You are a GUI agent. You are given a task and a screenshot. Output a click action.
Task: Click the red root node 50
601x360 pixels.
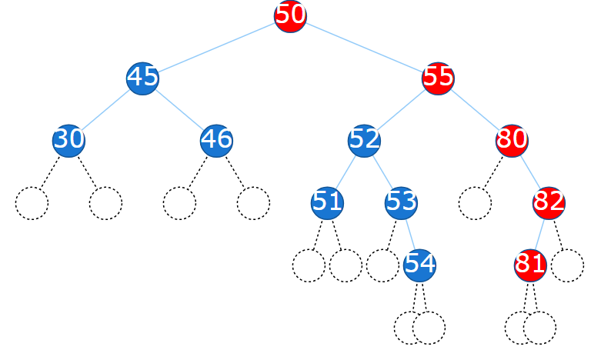[x=290, y=16]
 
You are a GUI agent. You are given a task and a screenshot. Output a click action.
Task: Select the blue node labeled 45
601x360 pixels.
[x=142, y=78]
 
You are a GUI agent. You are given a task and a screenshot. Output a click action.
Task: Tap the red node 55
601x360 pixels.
[x=438, y=78]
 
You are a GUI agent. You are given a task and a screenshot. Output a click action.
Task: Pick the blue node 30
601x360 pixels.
[x=68, y=141]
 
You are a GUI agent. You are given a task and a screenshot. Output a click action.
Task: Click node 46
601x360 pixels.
[x=216, y=141]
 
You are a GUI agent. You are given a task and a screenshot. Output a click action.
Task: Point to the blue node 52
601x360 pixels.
[x=364, y=141]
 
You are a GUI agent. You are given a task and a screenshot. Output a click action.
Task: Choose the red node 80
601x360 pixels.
[x=512, y=141]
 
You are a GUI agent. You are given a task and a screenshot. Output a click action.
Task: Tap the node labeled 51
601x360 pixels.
[x=327, y=203]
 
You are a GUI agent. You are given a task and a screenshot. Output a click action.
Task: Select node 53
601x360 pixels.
[x=401, y=203]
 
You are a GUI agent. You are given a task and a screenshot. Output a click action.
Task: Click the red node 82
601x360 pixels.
[x=549, y=203]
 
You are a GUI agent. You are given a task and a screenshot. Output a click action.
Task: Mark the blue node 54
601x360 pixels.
[x=419, y=265]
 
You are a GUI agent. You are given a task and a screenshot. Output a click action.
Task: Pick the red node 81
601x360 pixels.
[x=530, y=265]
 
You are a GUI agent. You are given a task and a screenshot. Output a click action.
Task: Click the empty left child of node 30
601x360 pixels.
[x=32, y=203]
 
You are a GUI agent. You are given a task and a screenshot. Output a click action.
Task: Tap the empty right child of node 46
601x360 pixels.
[x=253, y=203]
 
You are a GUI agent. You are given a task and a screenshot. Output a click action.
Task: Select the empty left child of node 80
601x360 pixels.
[x=475, y=203]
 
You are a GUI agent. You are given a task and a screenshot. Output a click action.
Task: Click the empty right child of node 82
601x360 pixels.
[x=567, y=265]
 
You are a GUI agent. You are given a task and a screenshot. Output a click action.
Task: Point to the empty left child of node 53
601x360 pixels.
[x=382, y=265]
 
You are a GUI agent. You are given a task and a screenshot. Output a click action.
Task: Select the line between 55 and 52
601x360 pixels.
[x=401, y=110]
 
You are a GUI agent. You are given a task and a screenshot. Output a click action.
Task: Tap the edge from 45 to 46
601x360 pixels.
[x=179, y=110]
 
